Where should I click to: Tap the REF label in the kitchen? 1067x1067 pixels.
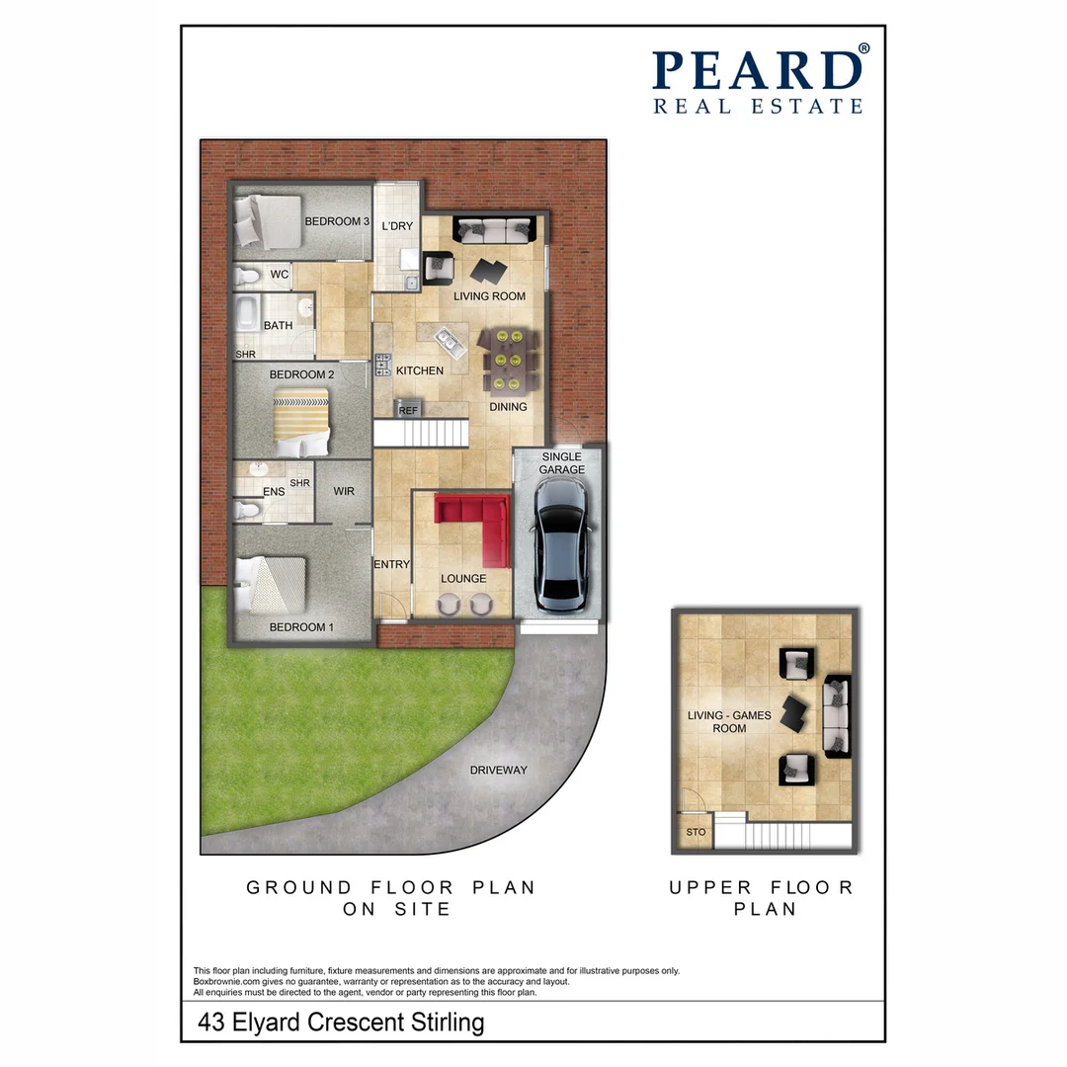(x=407, y=409)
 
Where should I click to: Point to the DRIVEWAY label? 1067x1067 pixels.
(x=498, y=770)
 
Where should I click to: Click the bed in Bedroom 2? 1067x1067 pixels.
(x=300, y=414)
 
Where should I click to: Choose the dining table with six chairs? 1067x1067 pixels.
(x=507, y=361)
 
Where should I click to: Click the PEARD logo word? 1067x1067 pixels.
(x=757, y=71)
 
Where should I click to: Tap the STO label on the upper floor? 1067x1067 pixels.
(x=696, y=833)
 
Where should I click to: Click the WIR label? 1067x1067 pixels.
(x=344, y=491)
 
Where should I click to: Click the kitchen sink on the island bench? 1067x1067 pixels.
(x=448, y=342)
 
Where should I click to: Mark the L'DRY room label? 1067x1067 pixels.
(x=396, y=226)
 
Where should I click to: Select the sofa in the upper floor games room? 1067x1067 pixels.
(x=837, y=716)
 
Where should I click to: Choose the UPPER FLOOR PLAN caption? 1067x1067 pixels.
(x=761, y=898)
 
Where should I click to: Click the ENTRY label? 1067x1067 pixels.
(x=391, y=564)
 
